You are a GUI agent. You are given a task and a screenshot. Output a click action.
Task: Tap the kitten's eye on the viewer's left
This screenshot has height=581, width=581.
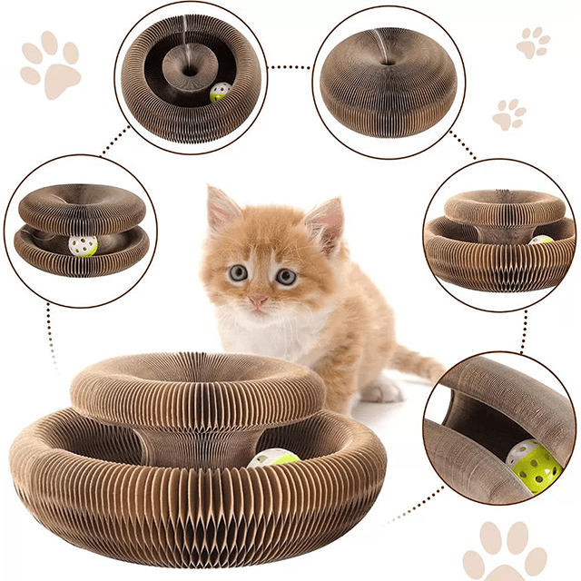(238, 272)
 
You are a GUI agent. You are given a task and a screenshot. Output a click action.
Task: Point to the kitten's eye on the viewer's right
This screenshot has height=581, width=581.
(286, 277)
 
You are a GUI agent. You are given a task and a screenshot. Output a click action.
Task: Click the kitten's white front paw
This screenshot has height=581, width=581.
(381, 390)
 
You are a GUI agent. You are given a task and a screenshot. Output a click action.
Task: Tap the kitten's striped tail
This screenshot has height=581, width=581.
(418, 363)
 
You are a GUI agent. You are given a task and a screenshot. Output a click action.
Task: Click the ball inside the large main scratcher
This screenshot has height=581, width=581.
(275, 458)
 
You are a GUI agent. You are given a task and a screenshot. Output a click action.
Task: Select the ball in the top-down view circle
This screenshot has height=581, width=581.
(220, 93)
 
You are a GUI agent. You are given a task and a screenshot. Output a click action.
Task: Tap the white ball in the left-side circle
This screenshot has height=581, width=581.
(83, 246)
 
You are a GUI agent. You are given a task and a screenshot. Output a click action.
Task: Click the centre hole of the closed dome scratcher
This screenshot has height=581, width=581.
(388, 62)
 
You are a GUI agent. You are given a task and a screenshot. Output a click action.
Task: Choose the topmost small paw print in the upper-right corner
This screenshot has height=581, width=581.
(533, 42)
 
